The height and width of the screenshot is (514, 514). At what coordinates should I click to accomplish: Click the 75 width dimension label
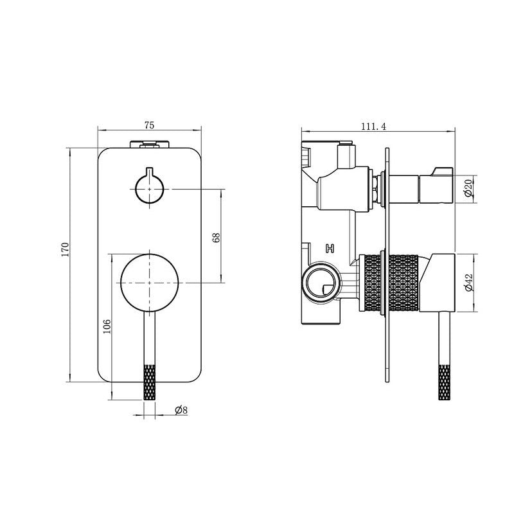click(x=149, y=125)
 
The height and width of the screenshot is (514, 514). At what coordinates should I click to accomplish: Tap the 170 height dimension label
click(x=66, y=250)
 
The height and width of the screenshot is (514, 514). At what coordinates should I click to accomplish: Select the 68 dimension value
click(x=216, y=237)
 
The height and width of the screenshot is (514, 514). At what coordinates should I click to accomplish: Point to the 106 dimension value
click(x=107, y=326)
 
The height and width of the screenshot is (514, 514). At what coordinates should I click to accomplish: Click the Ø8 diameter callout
click(x=181, y=410)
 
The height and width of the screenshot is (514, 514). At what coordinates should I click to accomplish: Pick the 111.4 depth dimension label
click(x=374, y=127)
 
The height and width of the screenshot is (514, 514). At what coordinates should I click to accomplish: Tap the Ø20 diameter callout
click(x=468, y=188)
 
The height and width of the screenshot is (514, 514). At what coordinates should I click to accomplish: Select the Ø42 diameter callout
click(x=469, y=283)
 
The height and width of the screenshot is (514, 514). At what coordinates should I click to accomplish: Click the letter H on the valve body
click(x=330, y=249)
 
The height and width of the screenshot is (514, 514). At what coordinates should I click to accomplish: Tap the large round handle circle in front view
click(x=150, y=283)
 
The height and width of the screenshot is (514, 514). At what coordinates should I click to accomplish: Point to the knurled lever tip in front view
click(x=150, y=382)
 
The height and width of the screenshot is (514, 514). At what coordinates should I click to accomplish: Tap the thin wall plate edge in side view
click(x=387, y=265)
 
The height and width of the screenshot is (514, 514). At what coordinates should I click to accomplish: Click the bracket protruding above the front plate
click(x=150, y=144)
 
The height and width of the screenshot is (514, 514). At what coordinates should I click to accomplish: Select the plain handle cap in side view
click(x=437, y=283)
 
